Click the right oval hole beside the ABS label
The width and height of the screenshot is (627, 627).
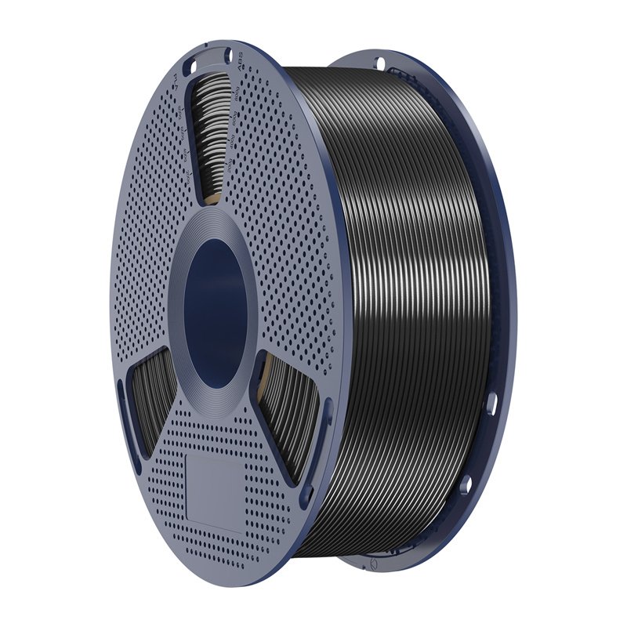[x=228, y=56]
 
